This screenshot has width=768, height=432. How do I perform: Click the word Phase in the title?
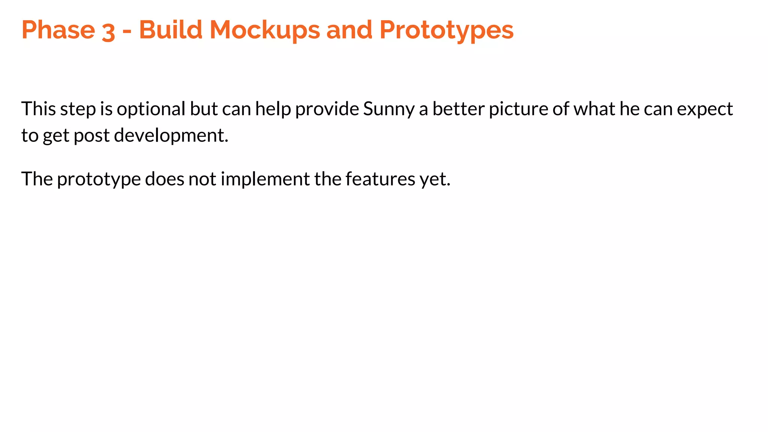pyautogui.click(x=58, y=30)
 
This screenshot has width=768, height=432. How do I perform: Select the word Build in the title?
pyautogui.click(x=171, y=30)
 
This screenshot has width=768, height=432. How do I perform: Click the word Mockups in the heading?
pyautogui.click(x=264, y=30)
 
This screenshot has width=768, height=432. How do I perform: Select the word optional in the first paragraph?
pyautogui.click(x=151, y=109)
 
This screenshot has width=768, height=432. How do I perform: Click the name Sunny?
pyautogui.click(x=389, y=109)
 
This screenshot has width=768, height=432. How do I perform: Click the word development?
pyautogui.click(x=171, y=136)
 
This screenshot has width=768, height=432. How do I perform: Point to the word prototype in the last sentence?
pyautogui.click(x=99, y=179)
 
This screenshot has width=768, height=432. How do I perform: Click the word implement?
pyautogui.click(x=265, y=179)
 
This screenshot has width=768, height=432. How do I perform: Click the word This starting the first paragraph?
pyautogui.click(x=39, y=109)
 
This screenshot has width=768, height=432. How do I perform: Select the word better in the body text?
pyautogui.click(x=459, y=109)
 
